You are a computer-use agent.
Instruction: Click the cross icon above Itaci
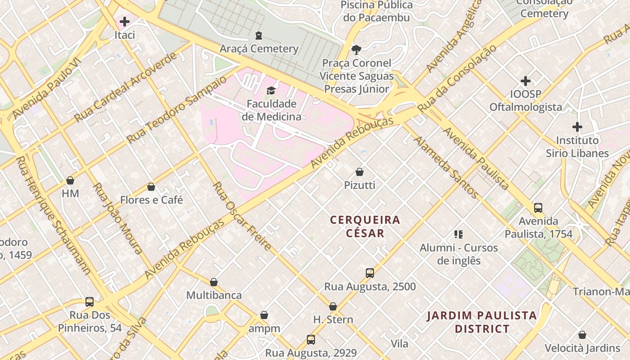(125, 21)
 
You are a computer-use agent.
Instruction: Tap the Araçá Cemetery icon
(259, 35)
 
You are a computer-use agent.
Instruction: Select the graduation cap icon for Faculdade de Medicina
(271, 90)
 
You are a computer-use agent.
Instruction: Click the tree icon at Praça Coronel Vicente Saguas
(356, 49)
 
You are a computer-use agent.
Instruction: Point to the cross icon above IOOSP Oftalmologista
(525, 81)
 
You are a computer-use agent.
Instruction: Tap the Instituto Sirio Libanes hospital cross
(577, 127)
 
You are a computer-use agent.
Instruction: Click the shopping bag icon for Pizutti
(360, 172)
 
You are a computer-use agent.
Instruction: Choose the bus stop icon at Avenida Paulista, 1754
(538, 208)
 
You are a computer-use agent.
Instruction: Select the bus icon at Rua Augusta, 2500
(370, 273)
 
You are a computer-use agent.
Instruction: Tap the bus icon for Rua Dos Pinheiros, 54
(90, 302)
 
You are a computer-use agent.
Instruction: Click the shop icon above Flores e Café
(151, 187)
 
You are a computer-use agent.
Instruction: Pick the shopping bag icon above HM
(70, 181)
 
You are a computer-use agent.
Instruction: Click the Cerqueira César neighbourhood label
(365, 226)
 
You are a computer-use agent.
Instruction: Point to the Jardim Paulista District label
(482, 322)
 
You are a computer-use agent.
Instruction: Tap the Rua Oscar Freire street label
(242, 216)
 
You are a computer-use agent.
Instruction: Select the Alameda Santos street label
(446, 167)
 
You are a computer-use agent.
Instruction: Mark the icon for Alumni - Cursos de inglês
(459, 234)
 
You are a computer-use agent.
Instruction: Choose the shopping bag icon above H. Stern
(333, 307)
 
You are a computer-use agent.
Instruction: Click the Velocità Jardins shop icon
(582, 335)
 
